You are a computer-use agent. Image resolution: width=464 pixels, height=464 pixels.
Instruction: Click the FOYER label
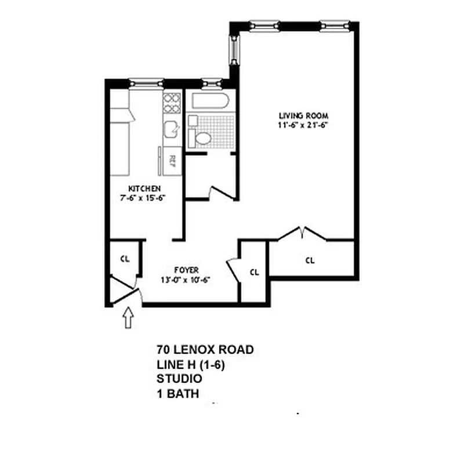coord(187,270)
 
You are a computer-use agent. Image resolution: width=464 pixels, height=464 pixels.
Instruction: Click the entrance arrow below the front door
coord(129,318)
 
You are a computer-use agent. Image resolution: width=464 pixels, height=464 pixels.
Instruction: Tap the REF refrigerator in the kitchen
coord(172,158)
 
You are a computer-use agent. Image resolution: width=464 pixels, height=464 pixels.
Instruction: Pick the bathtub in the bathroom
coord(209,102)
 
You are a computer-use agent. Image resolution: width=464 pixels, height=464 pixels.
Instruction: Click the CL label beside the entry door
coord(124,259)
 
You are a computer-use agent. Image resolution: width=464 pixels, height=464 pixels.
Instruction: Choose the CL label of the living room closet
coord(310,260)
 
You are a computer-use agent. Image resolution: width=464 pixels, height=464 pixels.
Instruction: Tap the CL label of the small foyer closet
coord(254,271)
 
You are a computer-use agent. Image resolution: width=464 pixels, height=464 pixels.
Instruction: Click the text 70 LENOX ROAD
coord(205,350)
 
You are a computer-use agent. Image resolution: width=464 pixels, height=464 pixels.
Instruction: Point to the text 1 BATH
coord(177,394)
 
